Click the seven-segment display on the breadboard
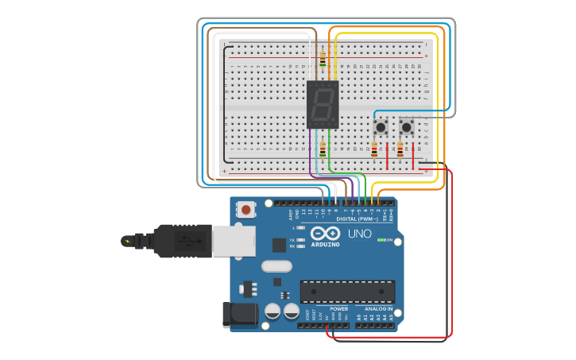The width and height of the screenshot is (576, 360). pyautogui.click(x=323, y=104)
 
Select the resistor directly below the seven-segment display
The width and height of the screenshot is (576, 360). pyautogui.click(x=323, y=149)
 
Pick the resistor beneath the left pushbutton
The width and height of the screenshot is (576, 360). pyautogui.click(x=374, y=149)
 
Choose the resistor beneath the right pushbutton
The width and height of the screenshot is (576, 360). pyautogui.click(x=400, y=149)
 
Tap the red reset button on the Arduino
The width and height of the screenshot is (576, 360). pyautogui.click(x=247, y=210)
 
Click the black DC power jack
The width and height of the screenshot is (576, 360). pyautogui.click(x=240, y=315)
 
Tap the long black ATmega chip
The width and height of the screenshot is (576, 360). pyautogui.click(x=347, y=292)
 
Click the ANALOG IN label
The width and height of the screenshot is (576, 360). pyautogui.click(x=378, y=308)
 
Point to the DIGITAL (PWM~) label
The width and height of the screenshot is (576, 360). pyautogui.click(x=358, y=219)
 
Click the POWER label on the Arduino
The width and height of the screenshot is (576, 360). pyautogui.click(x=339, y=308)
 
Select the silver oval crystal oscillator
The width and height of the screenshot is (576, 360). pyautogui.click(x=276, y=267)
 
